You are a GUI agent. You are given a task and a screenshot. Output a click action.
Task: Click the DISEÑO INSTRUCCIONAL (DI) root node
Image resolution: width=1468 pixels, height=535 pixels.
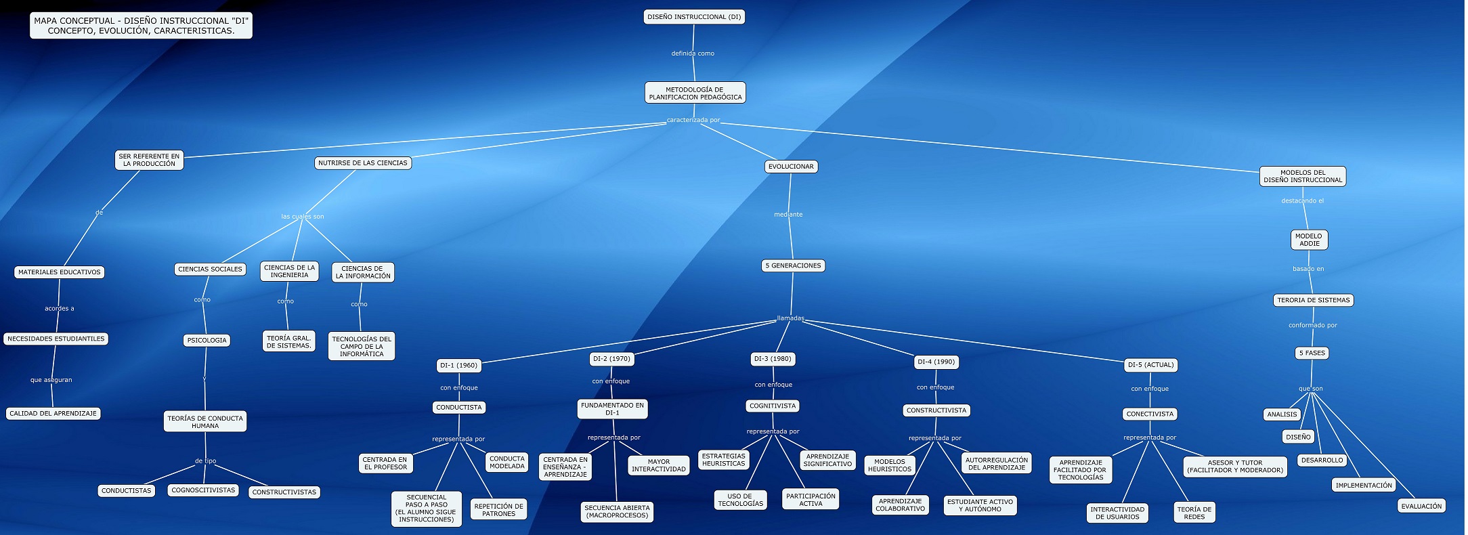694,17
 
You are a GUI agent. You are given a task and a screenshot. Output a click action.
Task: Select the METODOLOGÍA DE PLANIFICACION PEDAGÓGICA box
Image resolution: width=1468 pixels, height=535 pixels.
695,93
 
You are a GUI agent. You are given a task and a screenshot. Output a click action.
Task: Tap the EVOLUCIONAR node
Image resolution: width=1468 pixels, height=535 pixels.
791,167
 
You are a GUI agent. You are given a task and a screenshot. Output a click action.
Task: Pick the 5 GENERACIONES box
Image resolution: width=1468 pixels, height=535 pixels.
793,266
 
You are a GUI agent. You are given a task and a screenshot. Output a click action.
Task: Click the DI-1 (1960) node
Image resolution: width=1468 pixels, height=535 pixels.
459,366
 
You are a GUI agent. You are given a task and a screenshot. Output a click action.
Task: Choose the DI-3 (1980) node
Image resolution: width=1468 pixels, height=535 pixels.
773,359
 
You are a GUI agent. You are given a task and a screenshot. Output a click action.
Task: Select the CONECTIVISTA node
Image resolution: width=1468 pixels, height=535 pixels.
1150,414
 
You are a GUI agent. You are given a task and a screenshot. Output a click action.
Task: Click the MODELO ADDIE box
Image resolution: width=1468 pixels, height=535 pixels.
1309,240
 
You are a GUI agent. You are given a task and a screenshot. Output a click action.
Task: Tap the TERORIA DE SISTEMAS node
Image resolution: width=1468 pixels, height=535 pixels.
1314,300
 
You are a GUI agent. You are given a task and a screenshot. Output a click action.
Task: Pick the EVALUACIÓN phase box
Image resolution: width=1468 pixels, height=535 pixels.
1421,506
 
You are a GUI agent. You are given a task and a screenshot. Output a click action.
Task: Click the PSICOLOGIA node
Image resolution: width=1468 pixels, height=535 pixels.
207,341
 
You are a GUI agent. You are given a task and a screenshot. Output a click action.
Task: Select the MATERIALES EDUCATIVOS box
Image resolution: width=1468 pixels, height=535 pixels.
60,272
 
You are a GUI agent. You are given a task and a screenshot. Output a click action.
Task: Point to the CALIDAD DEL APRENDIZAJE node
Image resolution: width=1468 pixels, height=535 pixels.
53,413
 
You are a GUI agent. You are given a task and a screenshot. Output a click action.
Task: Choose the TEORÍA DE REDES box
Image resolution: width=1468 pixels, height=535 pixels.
1194,513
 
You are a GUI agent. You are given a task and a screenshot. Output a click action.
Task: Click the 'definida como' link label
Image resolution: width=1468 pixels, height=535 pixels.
693,53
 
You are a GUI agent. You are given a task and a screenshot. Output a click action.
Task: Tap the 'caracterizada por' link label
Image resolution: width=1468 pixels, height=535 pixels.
693,121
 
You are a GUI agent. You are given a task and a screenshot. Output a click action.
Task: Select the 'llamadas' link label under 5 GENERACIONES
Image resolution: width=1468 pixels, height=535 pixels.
790,318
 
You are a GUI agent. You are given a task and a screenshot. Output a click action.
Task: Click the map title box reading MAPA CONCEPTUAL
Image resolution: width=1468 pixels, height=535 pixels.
142,26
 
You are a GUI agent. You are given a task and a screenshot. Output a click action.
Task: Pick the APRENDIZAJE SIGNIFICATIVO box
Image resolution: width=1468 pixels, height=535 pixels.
827,460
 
